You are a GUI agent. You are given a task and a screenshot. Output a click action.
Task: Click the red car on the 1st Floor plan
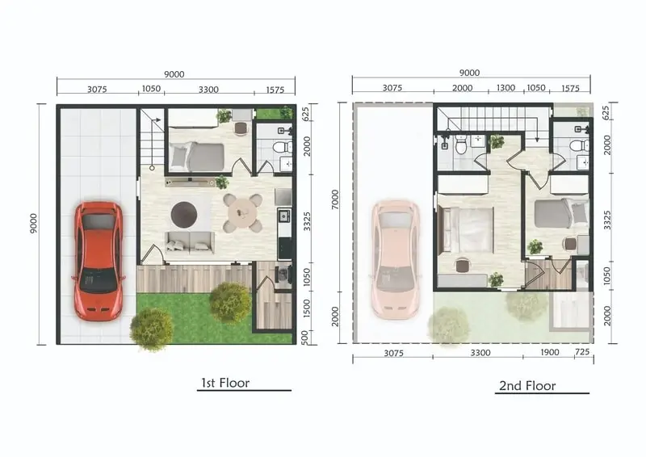click(x=99, y=261)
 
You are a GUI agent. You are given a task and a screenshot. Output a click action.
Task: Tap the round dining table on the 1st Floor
click(x=242, y=213)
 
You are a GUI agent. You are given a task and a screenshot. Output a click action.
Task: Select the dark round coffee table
click(x=184, y=214)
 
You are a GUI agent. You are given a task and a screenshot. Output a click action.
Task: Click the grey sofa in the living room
click(x=190, y=242)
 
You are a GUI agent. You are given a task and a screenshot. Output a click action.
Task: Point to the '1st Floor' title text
click(x=225, y=383)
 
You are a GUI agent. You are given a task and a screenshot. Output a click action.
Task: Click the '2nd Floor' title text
click(x=527, y=386)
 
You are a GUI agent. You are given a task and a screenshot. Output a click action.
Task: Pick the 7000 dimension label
click(x=335, y=199)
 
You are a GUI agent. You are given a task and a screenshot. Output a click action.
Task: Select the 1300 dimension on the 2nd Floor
click(x=505, y=88)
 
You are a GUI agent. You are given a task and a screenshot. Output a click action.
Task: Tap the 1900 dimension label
click(x=550, y=352)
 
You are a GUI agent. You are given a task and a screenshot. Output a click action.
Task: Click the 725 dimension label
click(x=582, y=352)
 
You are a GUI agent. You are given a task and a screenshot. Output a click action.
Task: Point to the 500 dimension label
click(x=305, y=337)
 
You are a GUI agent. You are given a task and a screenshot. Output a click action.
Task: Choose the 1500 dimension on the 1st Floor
click(x=306, y=308)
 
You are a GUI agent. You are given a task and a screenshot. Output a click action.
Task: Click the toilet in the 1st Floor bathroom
click(x=283, y=147)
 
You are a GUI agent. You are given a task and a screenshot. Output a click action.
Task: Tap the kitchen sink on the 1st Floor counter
click(x=284, y=216)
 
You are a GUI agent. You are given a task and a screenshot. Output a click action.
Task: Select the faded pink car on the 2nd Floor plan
click(x=395, y=260)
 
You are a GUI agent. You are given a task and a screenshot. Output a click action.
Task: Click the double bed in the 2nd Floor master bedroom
click(x=467, y=229)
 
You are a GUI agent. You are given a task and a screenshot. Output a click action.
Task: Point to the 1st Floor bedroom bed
click(x=196, y=157)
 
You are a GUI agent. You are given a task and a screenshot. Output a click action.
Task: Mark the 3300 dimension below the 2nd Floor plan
click(x=480, y=353)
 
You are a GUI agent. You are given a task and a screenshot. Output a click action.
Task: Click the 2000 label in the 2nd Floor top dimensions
click(x=462, y=88)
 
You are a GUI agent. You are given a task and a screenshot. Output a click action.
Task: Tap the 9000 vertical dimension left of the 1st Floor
click(x=33, y=224)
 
